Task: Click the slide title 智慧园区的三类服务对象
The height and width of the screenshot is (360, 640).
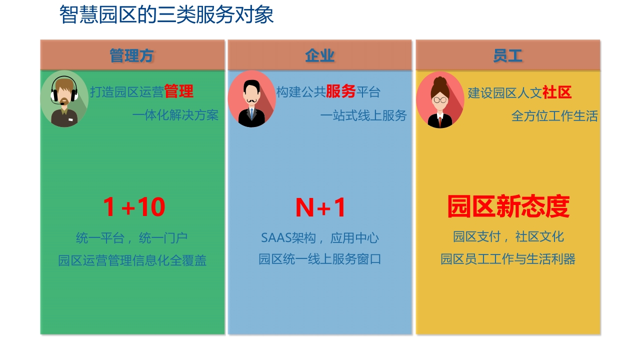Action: (166, 14)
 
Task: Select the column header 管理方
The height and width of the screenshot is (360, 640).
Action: (131, 55)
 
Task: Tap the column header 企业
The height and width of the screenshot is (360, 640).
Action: (319, 55)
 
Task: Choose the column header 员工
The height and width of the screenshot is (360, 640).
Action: (507, 55)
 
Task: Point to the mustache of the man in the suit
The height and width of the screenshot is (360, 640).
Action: (251, 101)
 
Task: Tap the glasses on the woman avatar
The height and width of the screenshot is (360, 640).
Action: (440, 99)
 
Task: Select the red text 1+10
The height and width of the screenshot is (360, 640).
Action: (134, 207)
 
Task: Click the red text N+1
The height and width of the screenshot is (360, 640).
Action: (320, 207)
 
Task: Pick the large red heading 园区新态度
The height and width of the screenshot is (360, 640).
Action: (508, 206)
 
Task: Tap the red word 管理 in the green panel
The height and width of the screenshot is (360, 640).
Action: (179, 91)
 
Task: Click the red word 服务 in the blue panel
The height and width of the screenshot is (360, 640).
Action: (341, 91)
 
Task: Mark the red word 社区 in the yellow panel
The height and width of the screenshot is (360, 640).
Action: (557, 92)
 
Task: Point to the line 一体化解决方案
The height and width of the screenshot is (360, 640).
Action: (175, 115)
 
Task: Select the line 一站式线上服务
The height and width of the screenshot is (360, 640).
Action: (363, 115)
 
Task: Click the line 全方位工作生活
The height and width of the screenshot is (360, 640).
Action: (554, 116)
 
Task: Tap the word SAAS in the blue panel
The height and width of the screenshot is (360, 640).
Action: (276, 237)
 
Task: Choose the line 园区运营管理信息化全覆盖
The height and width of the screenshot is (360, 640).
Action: (132, 260)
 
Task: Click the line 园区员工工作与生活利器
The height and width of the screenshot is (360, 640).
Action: (507, 259)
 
